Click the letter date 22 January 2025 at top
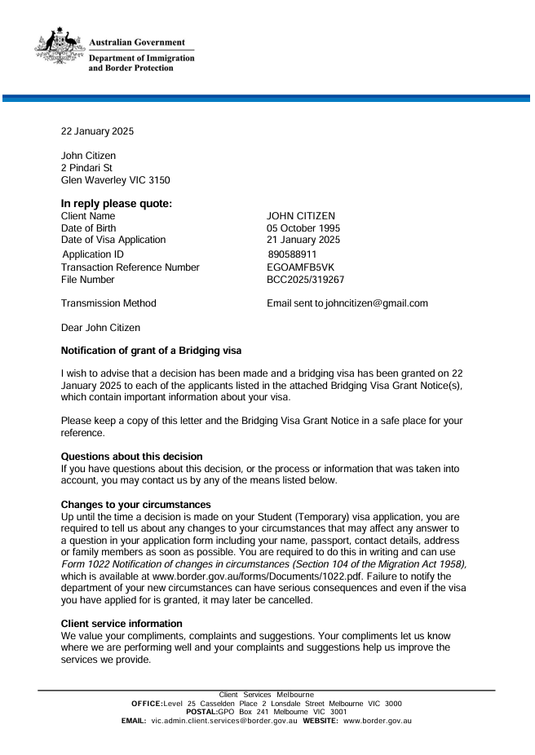point(98,131)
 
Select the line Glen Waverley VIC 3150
point(116,180)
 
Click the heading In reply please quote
point(117,204)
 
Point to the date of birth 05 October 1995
point(303,228)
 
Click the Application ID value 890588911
point(292,254)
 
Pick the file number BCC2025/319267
point(306,280)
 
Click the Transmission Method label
point(108,303)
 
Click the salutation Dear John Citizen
point(100,328)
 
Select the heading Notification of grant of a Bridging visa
point(152,351)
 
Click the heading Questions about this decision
point(131,457)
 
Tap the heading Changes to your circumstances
point(135,505)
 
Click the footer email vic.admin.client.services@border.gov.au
point(224,721)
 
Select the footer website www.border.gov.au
point(378,721)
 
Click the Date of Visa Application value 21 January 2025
point(303,240)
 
